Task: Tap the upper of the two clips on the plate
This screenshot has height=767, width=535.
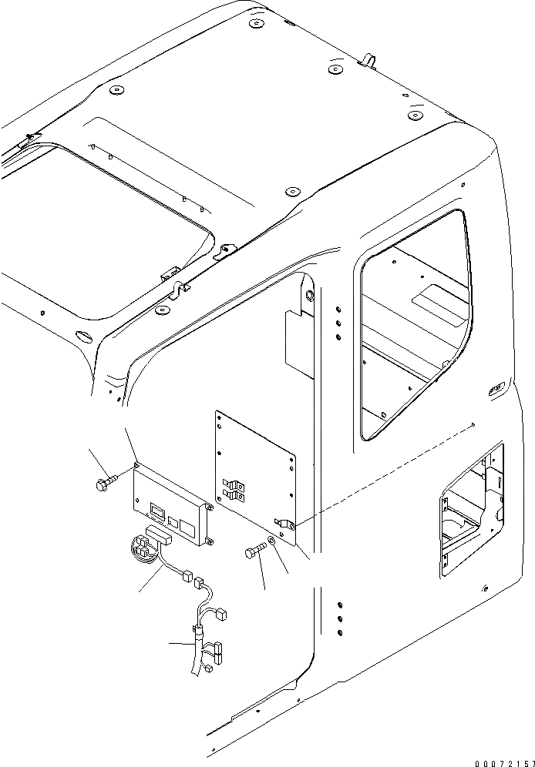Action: pyautogui.click(x=234, y=485)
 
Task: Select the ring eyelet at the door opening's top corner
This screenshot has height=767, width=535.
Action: pyautogui.click(x=310, y=295)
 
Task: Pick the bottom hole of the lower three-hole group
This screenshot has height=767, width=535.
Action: pyautogui.click(x=339, y=632)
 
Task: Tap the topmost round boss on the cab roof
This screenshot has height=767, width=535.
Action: pyautogui.click(x=254, y=25)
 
